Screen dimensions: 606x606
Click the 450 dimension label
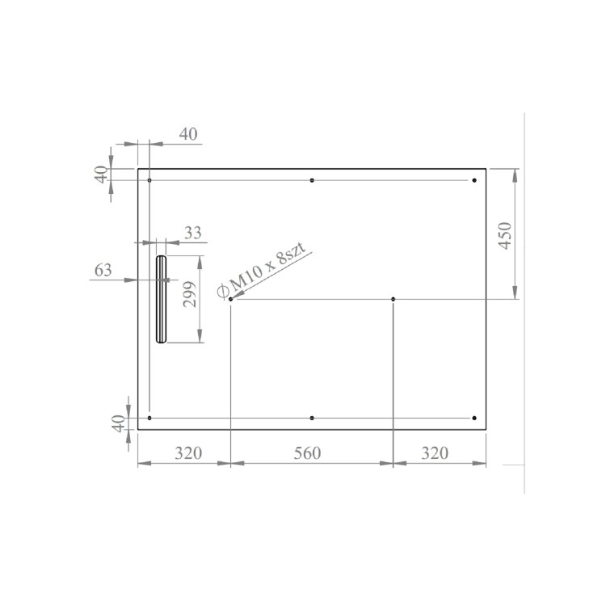[x=505, y=234]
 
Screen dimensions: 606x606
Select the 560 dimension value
[x=307, y=453]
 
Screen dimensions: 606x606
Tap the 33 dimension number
[x=192, y=233]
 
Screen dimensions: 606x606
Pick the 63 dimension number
[x=103, y=271]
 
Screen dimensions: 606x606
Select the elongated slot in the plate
[x=162, y=299]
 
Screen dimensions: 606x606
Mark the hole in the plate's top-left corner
[x=149, y=180]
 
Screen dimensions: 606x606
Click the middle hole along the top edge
[x=312, y=180]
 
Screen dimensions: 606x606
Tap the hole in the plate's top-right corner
[x=474, y=180]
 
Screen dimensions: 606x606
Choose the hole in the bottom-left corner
[x=149, y=419]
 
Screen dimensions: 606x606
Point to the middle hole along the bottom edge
[x=312, y=419]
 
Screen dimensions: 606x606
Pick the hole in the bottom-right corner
[x=474, y=419]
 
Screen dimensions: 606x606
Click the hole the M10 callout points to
[x=231, y=300]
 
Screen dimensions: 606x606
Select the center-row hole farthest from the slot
[x=393, y=300]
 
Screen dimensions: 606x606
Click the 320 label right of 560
[x=434, y=453]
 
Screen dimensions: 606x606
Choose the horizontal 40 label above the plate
[x=187, y=134]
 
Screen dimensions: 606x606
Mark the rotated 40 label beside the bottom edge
[x=119, y=423]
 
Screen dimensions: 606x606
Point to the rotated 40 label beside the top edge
[x=100, y=175]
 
